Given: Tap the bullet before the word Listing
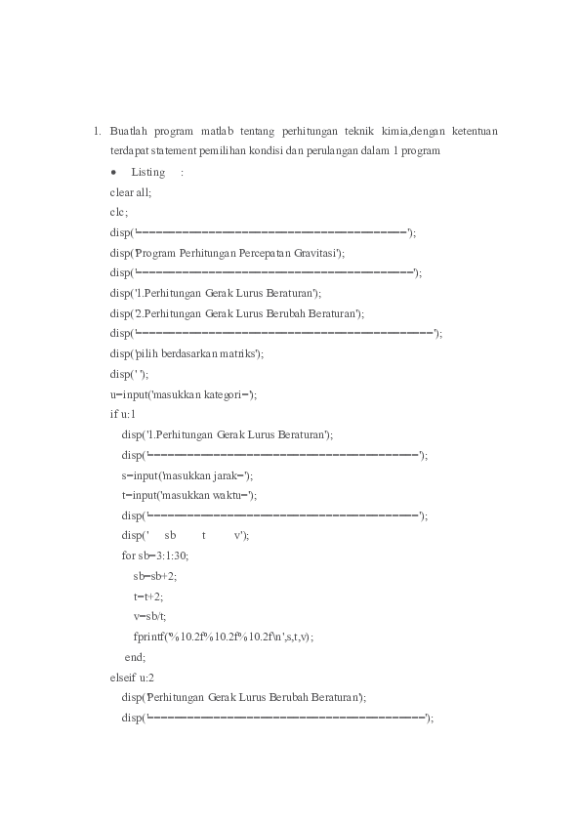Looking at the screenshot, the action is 114,172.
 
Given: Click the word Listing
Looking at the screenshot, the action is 148,172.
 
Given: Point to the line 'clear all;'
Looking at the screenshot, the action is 131,192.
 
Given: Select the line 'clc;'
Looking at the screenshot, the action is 119,212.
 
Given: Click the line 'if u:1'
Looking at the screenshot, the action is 123,414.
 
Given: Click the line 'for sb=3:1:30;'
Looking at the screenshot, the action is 155,555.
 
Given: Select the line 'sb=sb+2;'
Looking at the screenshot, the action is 155,576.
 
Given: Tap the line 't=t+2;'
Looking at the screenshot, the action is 148,596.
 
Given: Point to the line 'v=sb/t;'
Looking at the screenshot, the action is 150,616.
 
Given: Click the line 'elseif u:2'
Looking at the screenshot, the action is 131,677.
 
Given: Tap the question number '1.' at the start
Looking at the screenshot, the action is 97,131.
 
